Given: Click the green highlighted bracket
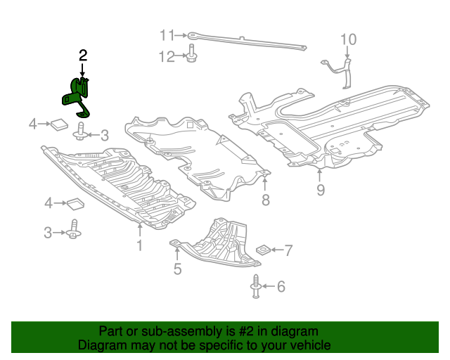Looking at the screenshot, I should (77, 98).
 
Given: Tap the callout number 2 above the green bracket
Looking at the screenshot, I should (83, 55).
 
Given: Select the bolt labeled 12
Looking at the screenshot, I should (191, 55).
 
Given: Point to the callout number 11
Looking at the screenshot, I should (166, 34).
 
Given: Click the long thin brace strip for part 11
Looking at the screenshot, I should (246, 41).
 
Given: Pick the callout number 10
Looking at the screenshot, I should (349, 39).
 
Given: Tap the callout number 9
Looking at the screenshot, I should (320, 190).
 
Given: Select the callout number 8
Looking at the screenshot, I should (265, 201).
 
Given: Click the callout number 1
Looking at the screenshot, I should (139, 245).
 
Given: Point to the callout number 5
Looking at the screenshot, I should (177, 268).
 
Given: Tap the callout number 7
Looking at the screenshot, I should (288, 250).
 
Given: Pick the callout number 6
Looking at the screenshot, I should (281, 286).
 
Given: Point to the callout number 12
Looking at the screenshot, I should (166, 57).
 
